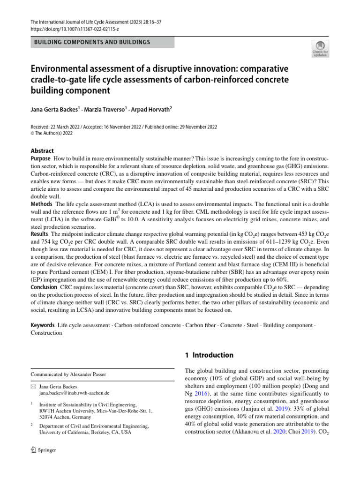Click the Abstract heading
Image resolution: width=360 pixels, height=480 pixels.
pos(42,151)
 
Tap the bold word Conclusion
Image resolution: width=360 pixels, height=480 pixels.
pos(44,286)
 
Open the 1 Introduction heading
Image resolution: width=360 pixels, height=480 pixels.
pos(209,355)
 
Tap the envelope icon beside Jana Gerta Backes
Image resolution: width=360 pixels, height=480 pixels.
pos(33,386)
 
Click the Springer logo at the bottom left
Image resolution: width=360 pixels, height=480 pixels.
pos(43,450)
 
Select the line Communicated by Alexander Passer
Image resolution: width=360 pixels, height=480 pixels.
pos(68,375)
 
